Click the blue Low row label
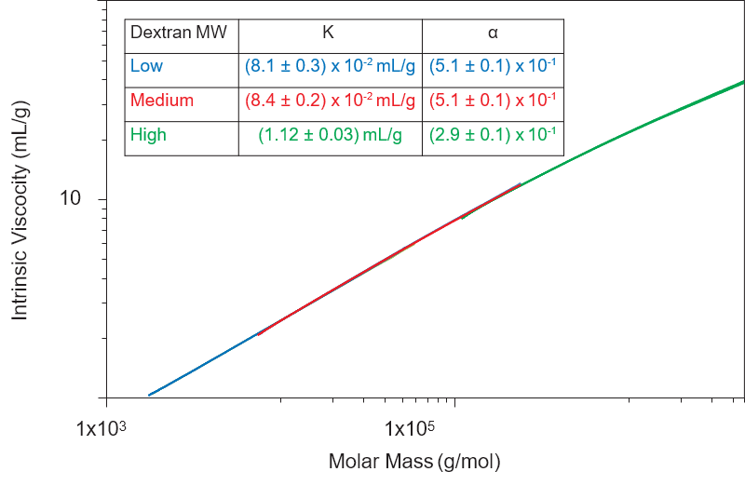[x=145, y=66]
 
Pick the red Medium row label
[x=162, y=100]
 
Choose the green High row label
[x=148, y=135]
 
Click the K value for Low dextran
[x=331, y=66]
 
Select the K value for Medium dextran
[x=331, y=100]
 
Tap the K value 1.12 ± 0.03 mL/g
[x=331, y=135]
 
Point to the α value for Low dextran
[x=493, y=66]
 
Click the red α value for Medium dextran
[x=493, y=100]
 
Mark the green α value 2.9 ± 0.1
[x=493, y=135]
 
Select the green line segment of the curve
[x=633, y=129]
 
